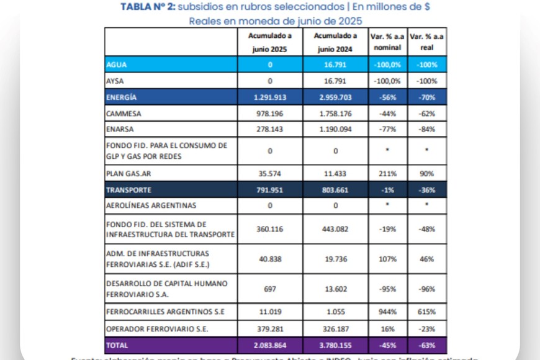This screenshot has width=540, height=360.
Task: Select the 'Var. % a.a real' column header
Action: [x=426, y=42]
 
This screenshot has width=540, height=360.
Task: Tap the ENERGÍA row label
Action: [x=122, y=97]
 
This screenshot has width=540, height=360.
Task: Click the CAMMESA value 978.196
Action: [x=270, y=114]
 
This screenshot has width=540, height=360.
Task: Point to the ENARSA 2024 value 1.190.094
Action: [x=336, y=130]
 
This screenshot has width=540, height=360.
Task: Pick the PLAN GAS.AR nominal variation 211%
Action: [x=387, y=173]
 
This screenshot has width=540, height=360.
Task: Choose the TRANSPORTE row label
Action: [x=128, y=189]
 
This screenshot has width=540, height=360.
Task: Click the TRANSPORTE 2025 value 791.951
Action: [x=270, y=189]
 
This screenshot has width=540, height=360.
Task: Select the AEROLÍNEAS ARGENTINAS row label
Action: [x=151, y=205]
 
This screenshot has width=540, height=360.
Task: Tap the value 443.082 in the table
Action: [x=336, y=229]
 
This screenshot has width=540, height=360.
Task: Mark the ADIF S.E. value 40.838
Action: [x=270, y=259]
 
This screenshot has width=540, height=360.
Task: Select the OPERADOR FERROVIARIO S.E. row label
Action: [x=158, y=329]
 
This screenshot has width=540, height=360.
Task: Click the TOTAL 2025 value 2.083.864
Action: [x=270, y=345]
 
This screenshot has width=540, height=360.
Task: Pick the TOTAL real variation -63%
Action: [x=426, y=345]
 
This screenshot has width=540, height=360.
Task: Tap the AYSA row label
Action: [x=115, y=81]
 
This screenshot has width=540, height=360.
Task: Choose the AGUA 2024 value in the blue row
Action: [x=336, y=65]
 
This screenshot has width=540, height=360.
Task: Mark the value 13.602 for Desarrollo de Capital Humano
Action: [x=336, y=289]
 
